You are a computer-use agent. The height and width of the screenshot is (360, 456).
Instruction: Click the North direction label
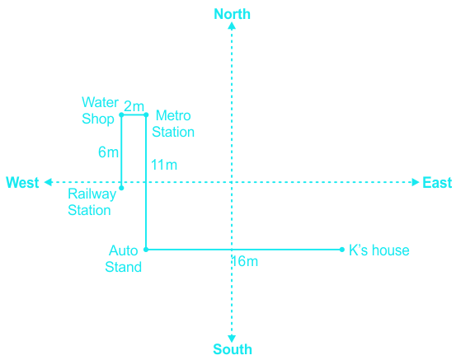[232, 14]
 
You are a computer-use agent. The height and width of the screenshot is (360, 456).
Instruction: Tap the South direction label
[233, 349]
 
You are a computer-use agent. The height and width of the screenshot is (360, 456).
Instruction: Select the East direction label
[437, 183]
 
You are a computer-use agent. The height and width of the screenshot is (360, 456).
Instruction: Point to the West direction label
[22, 182]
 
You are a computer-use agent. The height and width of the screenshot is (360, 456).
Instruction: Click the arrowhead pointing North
[232, 26]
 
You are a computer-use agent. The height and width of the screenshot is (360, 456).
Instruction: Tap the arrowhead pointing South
[232, 339]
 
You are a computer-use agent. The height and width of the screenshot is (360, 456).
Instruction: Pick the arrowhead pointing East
[416, 182]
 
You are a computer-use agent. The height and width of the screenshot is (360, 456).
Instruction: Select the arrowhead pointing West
[49, 182]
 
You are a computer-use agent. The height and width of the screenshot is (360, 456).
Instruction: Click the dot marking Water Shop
[121, 115]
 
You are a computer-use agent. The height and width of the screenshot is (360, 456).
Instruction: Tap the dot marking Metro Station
[146, 115]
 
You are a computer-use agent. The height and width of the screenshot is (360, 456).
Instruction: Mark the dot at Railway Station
[121, 188]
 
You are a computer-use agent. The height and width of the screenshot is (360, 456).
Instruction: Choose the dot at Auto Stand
[146, 250]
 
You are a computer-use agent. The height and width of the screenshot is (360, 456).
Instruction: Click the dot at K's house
[342, 250]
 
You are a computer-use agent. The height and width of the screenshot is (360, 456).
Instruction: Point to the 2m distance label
[134, 106]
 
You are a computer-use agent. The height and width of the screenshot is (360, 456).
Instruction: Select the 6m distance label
[108, 152]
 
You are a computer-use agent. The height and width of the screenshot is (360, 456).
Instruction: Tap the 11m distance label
[164, 165]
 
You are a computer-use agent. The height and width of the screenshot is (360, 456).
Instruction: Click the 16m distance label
[245, 261]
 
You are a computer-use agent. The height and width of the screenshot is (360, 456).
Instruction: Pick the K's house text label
[379, 250]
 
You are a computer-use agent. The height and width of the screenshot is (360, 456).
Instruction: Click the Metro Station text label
[173, 124]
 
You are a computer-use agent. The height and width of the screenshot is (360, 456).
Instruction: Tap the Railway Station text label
[92, 202]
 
